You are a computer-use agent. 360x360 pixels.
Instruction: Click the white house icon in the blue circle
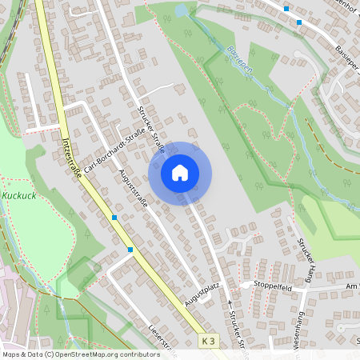point(180,173)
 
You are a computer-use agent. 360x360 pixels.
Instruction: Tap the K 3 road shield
point(209,342)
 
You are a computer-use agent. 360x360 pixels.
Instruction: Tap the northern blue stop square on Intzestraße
point(114,218)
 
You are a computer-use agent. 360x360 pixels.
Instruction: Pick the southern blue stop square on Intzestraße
point(130,250)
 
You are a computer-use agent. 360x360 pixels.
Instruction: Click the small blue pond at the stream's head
point(181,11)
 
